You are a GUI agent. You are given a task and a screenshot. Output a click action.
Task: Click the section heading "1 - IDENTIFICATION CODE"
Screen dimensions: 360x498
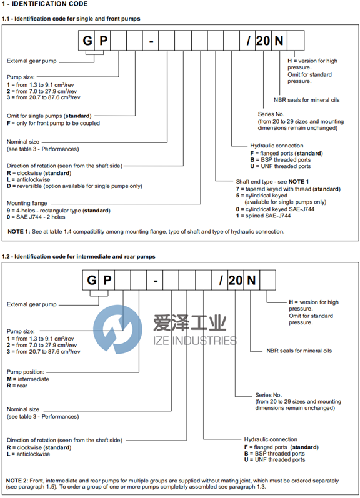tap(44, 4)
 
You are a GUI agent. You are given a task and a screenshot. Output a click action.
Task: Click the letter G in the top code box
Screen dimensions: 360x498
tap(87, 41)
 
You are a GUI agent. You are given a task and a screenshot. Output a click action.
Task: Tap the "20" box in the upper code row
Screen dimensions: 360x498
tap(263, 41)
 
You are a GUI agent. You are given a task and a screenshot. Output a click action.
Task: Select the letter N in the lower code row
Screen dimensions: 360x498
tap(251, 280)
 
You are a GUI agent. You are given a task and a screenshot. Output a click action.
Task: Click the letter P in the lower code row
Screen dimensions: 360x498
tap(107, 280)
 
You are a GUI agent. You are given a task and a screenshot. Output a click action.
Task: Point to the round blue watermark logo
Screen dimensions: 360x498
tap(117, 329)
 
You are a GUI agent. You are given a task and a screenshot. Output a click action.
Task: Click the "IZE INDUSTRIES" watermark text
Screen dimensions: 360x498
tap(195, 341)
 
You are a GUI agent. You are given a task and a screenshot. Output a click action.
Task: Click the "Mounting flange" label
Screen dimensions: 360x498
tap(27, 203)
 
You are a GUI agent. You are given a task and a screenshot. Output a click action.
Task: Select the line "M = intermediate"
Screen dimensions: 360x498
tap(28, 379)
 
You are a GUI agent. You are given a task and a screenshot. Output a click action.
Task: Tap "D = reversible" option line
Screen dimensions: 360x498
tap(74, 186)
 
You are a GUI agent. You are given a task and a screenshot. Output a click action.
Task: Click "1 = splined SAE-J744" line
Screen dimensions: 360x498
tap(263, 216)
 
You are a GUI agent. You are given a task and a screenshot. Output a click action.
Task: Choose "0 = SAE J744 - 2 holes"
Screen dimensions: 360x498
tap(36, 217)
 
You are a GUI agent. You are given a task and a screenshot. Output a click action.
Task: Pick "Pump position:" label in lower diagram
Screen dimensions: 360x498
tap(26, 372)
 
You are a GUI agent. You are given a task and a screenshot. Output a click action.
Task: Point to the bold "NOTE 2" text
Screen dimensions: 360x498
tap(16, 481)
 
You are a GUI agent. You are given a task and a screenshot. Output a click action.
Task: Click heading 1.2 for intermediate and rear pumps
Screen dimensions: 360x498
tap(79, 257)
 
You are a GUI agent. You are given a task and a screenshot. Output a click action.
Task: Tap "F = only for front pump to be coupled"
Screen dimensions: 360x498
tap(53, 123)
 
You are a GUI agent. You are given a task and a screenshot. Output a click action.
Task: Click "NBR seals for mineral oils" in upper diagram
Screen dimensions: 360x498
tap(307, 100)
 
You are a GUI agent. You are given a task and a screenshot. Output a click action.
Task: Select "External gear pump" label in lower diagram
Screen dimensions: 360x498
tap(32, 304)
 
